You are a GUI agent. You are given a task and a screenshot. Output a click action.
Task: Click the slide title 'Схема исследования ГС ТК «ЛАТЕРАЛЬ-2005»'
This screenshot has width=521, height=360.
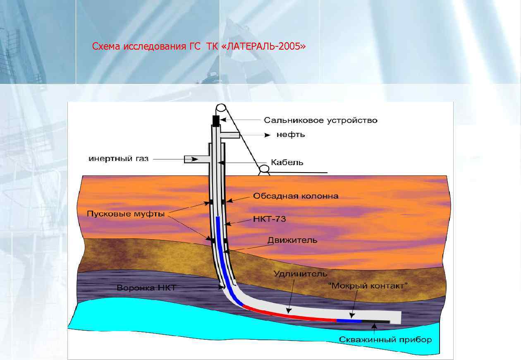pyautogui.click(x=199, y=46)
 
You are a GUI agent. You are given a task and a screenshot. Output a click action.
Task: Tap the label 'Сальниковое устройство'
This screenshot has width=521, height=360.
pyautogui.click(x=321, y=120)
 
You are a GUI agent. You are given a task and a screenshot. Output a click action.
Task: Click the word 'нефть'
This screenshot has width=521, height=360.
pyautogui.click(x=290, y=135)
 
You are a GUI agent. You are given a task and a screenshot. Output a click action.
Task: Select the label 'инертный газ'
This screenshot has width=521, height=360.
pyautogui.click(x=119, y=158)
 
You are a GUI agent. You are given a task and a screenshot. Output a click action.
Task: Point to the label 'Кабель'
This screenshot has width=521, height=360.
pyautogui.click(x=287, y=163)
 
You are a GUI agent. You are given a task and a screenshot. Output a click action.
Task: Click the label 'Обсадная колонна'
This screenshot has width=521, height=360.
pyautogui.click(x=296, y=196)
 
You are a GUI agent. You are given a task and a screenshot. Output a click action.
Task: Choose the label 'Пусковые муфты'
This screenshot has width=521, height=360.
pyautogui.click(x=126, y=214)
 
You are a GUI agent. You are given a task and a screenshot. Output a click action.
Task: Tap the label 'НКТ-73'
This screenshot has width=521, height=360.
pyautogui.click(x=269, y=219)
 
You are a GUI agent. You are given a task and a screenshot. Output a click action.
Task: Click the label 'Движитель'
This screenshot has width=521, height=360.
pyautogui.click(x=292, y=240)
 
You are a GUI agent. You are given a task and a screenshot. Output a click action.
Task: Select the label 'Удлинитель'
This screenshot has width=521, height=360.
pyautogui.click(x=300, y=274)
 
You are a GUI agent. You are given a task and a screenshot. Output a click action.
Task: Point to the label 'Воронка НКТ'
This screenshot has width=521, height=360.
pyautogui.click(x=146, y=288)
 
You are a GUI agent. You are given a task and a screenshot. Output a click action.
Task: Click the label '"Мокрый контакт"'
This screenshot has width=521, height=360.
pyautogui.click(x=368, y=286)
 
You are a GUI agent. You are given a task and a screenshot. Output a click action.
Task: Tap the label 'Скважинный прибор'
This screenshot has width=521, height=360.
pyautogui.click(x=385, y=340)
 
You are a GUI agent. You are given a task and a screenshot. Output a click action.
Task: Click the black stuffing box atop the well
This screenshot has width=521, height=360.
pyautogui.click(x=215, y=121)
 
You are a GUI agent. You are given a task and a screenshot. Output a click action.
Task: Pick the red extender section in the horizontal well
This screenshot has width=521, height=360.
pyautogui.click(x=289, y=314)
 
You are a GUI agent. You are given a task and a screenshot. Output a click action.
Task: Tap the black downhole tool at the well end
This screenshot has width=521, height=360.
pyautogui.click(x=375, y=321)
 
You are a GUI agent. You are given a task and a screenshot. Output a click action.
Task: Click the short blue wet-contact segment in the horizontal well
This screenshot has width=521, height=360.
pyautogui.click(x=349, y=321)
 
